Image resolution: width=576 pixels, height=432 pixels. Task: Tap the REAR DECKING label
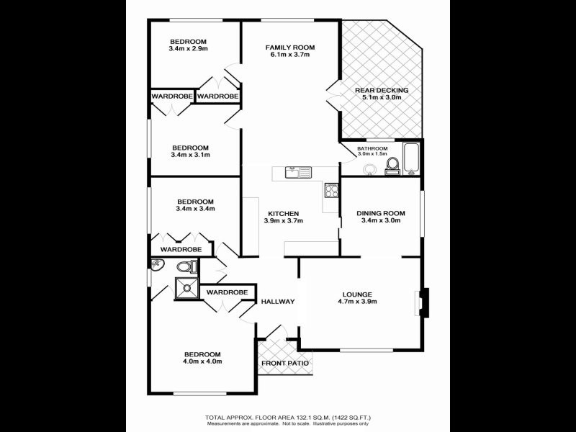382,90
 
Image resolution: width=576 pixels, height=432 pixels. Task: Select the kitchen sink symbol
297,171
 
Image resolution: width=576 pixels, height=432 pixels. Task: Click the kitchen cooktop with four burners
332,191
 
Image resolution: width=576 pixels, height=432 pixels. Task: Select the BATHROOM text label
372,148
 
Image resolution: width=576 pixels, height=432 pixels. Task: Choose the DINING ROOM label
381,213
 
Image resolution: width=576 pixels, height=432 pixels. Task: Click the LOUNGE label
357,294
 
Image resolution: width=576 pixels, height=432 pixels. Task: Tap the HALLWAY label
278,301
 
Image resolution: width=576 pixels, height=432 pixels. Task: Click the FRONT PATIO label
286,363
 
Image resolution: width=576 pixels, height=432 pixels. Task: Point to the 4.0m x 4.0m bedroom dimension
202,361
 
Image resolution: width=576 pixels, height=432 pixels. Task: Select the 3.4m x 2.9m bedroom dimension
188,49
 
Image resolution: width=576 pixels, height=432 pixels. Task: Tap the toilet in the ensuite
186,267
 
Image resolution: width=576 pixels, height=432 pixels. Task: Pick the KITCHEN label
283,213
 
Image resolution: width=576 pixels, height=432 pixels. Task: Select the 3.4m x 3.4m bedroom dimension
196,209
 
